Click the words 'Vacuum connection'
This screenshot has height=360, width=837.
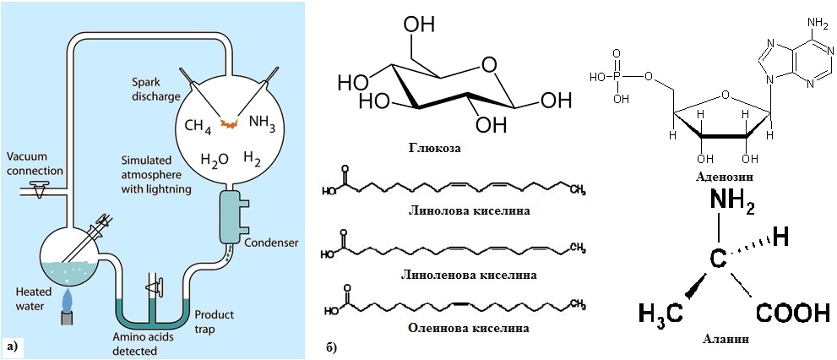click(34, 165)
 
